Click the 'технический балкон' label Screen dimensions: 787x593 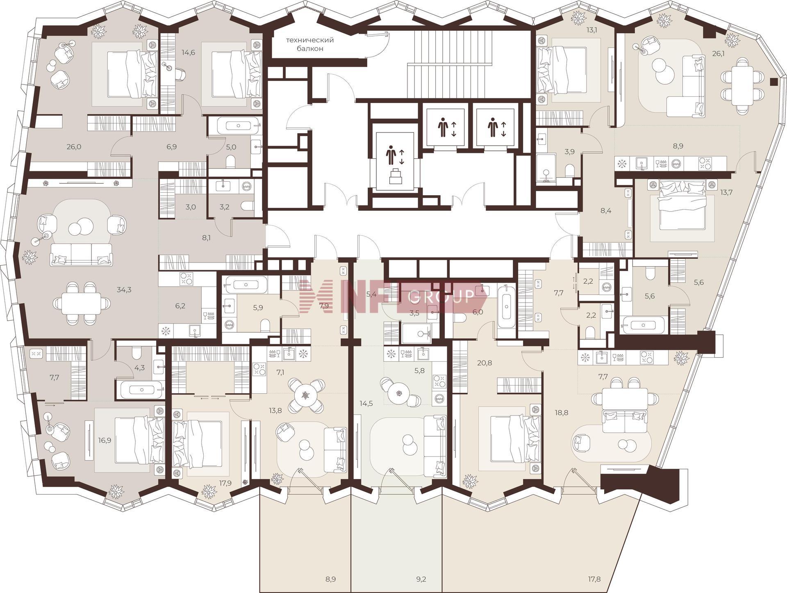tap(310, 44)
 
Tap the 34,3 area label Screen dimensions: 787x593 tap(124, 290)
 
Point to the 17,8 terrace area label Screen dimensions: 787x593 tap(593, 579)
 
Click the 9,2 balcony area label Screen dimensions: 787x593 tap(421, 579)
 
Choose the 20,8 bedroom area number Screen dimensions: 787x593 tap(484, 363)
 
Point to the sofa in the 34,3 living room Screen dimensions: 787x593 tap(81, 254)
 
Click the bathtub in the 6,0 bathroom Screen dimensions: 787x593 tap(507, 307)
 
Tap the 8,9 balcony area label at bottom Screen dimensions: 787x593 tap(330, 579)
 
